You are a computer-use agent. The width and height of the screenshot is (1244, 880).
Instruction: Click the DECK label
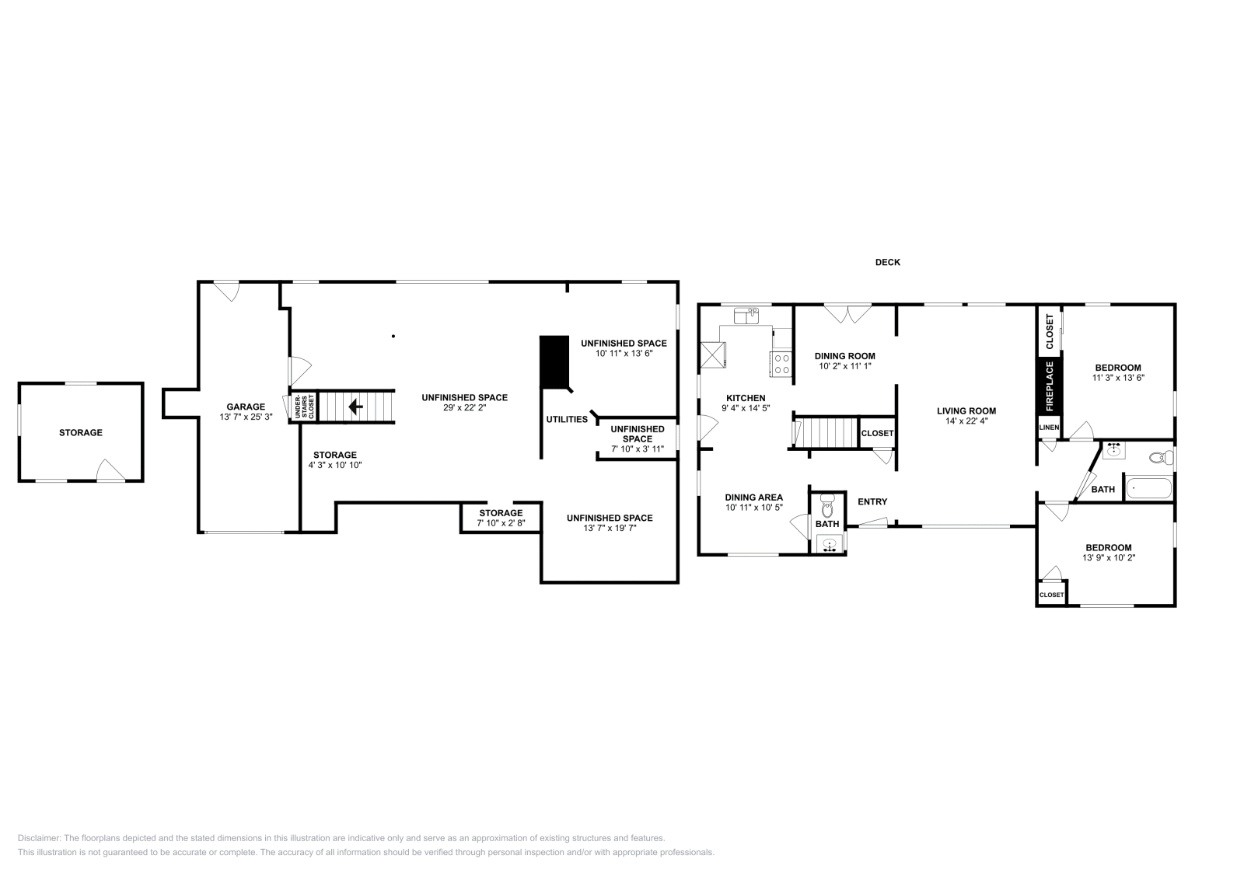point(887,262)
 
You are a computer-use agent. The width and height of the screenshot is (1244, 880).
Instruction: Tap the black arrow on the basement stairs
point(355,407)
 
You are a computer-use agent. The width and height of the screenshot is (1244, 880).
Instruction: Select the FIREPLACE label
point(1050,386)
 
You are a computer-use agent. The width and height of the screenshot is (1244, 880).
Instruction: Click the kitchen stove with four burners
point(782,364)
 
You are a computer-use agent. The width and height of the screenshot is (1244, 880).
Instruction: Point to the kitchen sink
point(746,316)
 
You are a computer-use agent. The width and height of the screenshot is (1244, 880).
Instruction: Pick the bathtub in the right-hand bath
point(1148,488)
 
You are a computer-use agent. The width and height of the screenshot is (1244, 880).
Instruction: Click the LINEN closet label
point(1049,428)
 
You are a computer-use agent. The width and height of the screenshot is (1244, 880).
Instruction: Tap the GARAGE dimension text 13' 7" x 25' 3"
point(246,417)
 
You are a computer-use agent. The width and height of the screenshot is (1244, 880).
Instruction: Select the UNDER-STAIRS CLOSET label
point(304,407)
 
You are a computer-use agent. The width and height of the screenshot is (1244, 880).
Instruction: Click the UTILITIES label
point(567,419)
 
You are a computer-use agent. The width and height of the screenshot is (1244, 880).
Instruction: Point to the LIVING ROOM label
point(966,411)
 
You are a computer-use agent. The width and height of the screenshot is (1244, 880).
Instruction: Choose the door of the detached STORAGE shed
point(110,470)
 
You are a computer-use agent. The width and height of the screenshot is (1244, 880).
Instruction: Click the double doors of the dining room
point(847,314)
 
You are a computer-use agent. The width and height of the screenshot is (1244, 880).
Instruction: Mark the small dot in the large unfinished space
point(393,336)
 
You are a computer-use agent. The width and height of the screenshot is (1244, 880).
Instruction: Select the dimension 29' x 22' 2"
point(465,407)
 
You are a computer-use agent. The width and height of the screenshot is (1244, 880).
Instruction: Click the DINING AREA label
point(753,498)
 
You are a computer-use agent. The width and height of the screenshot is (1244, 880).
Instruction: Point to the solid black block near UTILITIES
point(554,362)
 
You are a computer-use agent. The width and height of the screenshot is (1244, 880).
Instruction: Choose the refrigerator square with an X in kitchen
point(713,355)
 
